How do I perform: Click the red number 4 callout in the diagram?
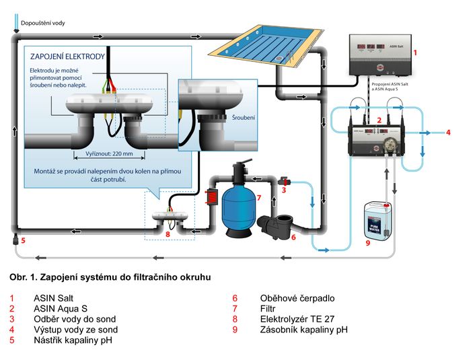point(448,133)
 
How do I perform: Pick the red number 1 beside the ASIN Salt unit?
point(415,51)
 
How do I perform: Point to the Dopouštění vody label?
point(44,23)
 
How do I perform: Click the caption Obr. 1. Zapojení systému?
point(110,277)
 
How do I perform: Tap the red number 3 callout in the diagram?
point(285,190)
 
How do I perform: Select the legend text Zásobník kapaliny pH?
point(303,330)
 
